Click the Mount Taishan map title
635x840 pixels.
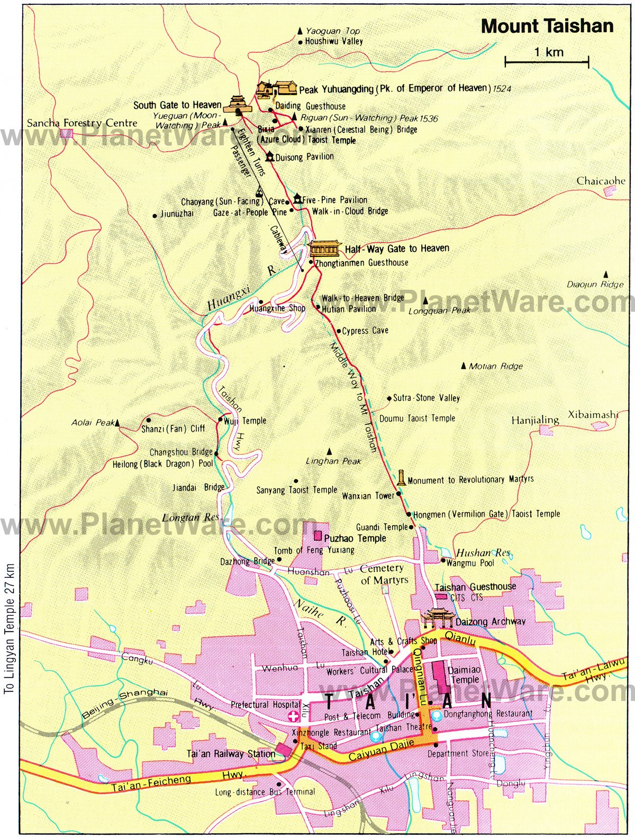pos(547,26)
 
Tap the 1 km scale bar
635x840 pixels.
pos(547,62)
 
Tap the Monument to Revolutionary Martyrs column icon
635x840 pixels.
pos(402,478)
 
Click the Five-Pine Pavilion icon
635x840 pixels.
pos(297,199)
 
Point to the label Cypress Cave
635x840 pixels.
pos(365,331)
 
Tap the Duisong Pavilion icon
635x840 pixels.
pos(270,156)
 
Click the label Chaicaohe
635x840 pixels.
pos(601,181)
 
